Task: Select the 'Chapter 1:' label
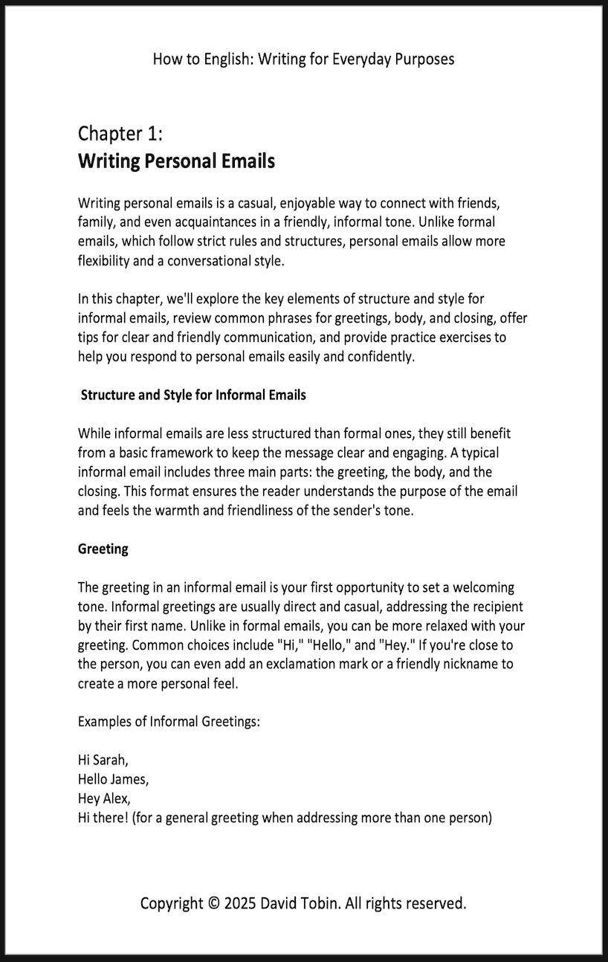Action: tap(120, 134)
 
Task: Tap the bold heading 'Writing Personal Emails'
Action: tap(176, 161)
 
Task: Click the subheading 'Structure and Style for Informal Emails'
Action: tap(193, 395)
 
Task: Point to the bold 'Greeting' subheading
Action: tap(103, 549)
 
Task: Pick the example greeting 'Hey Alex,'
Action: tap(104, 799)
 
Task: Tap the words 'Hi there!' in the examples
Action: tap(103, 819)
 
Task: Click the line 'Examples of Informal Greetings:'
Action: tap(169, 722)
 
